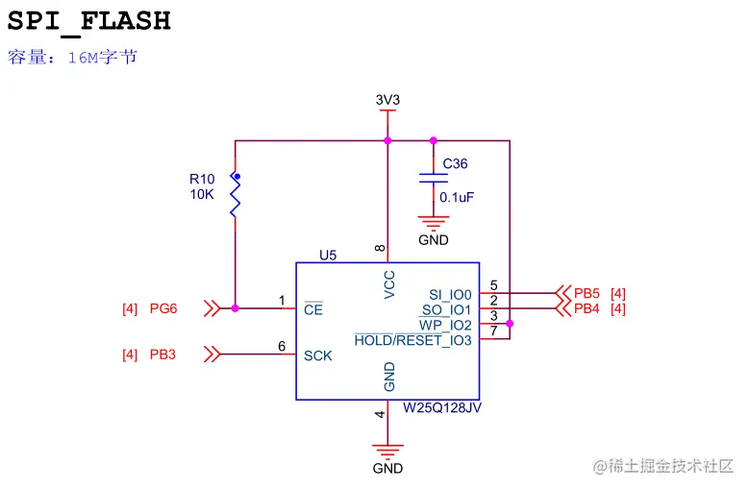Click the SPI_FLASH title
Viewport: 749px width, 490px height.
coord(89,21)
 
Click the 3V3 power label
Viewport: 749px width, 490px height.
coord(387,99)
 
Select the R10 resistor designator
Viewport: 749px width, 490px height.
coord(202,179)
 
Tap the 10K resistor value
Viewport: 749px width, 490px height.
coord(202,193)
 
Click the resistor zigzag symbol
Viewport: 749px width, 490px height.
coord(235,196)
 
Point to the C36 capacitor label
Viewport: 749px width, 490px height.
coord(455,164)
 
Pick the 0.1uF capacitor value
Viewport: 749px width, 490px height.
coord(457,197)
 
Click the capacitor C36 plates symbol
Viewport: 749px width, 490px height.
coord(434,179)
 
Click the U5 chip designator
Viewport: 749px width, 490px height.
coord(328,256)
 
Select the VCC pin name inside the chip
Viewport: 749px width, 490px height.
coord(389,285)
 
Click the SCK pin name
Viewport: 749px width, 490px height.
coord(318,355)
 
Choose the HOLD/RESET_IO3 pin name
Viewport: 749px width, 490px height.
coord(413,340)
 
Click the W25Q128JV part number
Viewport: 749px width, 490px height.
coord(441,407)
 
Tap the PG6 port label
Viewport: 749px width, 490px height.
coord(163,308)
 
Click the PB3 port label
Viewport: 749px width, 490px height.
coord(163,355)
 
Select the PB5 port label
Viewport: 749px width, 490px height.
coord(587,293)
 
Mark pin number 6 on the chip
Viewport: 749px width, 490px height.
coord(282,346)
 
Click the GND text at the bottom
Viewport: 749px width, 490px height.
coord(387,469)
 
